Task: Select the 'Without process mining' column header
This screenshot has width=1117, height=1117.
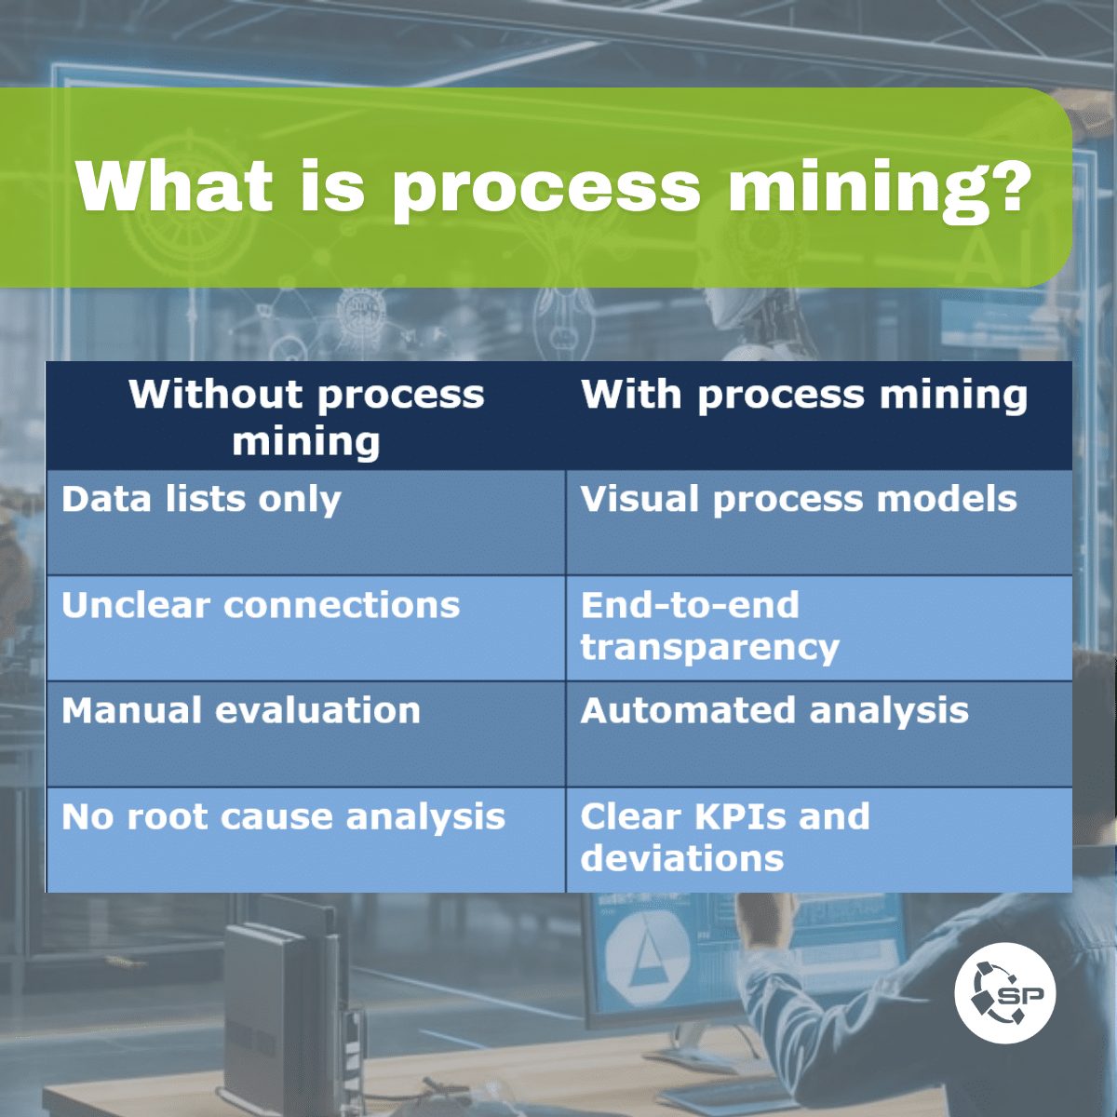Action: tap(306, 417)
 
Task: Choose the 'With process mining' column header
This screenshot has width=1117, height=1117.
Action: tap(804, 395)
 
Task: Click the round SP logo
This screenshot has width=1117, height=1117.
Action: tap(1004, 992)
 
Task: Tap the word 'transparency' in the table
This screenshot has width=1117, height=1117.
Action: tap(710, 648)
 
